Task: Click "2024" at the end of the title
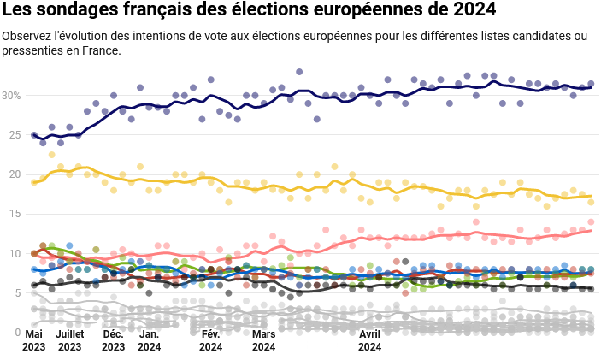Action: pos(472,11)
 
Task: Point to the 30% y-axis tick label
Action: pos(11,95)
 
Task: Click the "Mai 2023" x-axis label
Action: pos(34,340)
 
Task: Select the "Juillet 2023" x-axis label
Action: pos(69,340)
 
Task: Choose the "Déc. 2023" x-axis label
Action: pos(113,340)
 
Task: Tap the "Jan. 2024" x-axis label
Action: pos(149,340)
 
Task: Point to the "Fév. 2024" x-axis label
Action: pos(210,340)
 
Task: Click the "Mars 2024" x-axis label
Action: pos(264,340)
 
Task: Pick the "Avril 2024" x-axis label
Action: pos(369,340)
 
